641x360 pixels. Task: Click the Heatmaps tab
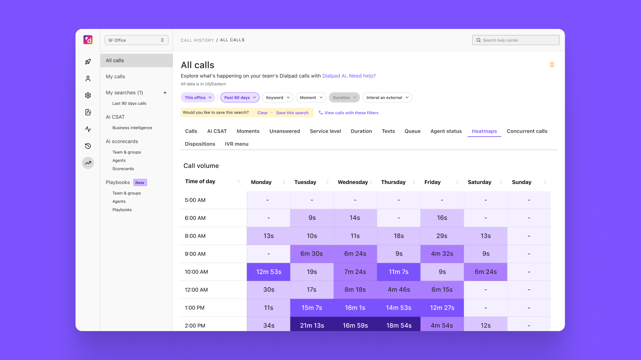484,131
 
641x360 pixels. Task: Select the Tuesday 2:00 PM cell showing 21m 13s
312,325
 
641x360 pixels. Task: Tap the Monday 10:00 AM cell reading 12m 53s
269,272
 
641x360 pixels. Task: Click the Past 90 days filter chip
240,98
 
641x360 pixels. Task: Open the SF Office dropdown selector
136,40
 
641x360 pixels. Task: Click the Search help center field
516,40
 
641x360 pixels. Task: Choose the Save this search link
292,113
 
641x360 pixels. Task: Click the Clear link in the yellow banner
262,113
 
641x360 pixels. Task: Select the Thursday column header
393,182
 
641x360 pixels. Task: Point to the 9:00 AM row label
195,254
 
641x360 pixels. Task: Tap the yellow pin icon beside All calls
552,65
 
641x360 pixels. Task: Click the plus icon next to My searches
165,93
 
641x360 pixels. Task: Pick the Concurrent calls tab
527,131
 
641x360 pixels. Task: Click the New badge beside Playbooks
140,183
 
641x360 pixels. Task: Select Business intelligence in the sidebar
132,128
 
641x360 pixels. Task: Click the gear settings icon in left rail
88,95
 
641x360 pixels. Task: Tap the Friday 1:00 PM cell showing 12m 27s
442,308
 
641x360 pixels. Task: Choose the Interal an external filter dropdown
387,98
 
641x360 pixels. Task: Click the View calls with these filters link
349,113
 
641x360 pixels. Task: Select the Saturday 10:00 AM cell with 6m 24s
485,272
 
